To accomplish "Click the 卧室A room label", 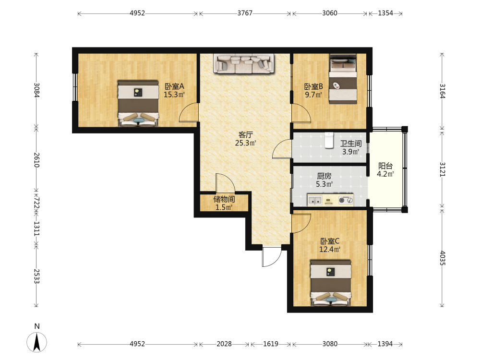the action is click(x=174, y=86).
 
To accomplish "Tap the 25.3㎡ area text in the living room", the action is click(x=245, y=143).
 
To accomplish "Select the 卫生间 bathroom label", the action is click(x=351, y=144).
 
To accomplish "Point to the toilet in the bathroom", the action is click(x=329, y=140).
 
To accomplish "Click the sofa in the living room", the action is click(x=244, y=64).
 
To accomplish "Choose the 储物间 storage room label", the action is click(x=224, y=199).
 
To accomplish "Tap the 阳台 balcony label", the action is click(x=385, y=166).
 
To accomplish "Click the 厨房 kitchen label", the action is click(x=324, y=176).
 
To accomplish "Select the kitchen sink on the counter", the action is click(x=315, y=201).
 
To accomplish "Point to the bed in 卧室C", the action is click(x=330, y=283).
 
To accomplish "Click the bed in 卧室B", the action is click(x=343, y=79).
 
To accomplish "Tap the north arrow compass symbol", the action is click(x=37, y=342).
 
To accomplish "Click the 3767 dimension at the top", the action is click(x=245, y=13).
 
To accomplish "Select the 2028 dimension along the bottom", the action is click(x=224, y=344).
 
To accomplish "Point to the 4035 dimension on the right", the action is click(x=443, y=258).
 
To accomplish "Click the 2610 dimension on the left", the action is click(x=36, y=160).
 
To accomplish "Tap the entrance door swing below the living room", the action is click(x=272, y=256).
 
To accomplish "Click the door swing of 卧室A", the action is click(x=188, y=112).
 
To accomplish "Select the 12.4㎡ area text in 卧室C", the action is click(x=330, y=250).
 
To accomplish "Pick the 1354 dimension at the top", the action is click(x=385, y=13).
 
